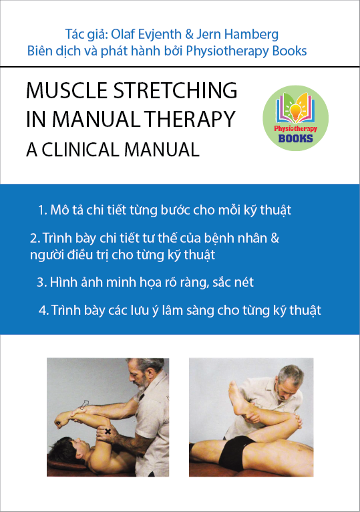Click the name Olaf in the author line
click(x=124, y=34)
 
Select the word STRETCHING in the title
click(x=175, y=90)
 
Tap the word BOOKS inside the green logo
click(x=295, y=138)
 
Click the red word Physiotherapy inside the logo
click(x=295, y=128)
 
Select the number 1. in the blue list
click(x=43, y=210)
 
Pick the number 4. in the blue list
click(x=43, y=310)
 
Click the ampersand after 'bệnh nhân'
click(x=275, y=238)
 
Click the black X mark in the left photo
click(x=108, y=431)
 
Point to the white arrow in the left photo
click(x=84, y=404)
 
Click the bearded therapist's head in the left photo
click(x=145, y=373)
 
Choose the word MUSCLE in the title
click(x=67, y=90)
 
